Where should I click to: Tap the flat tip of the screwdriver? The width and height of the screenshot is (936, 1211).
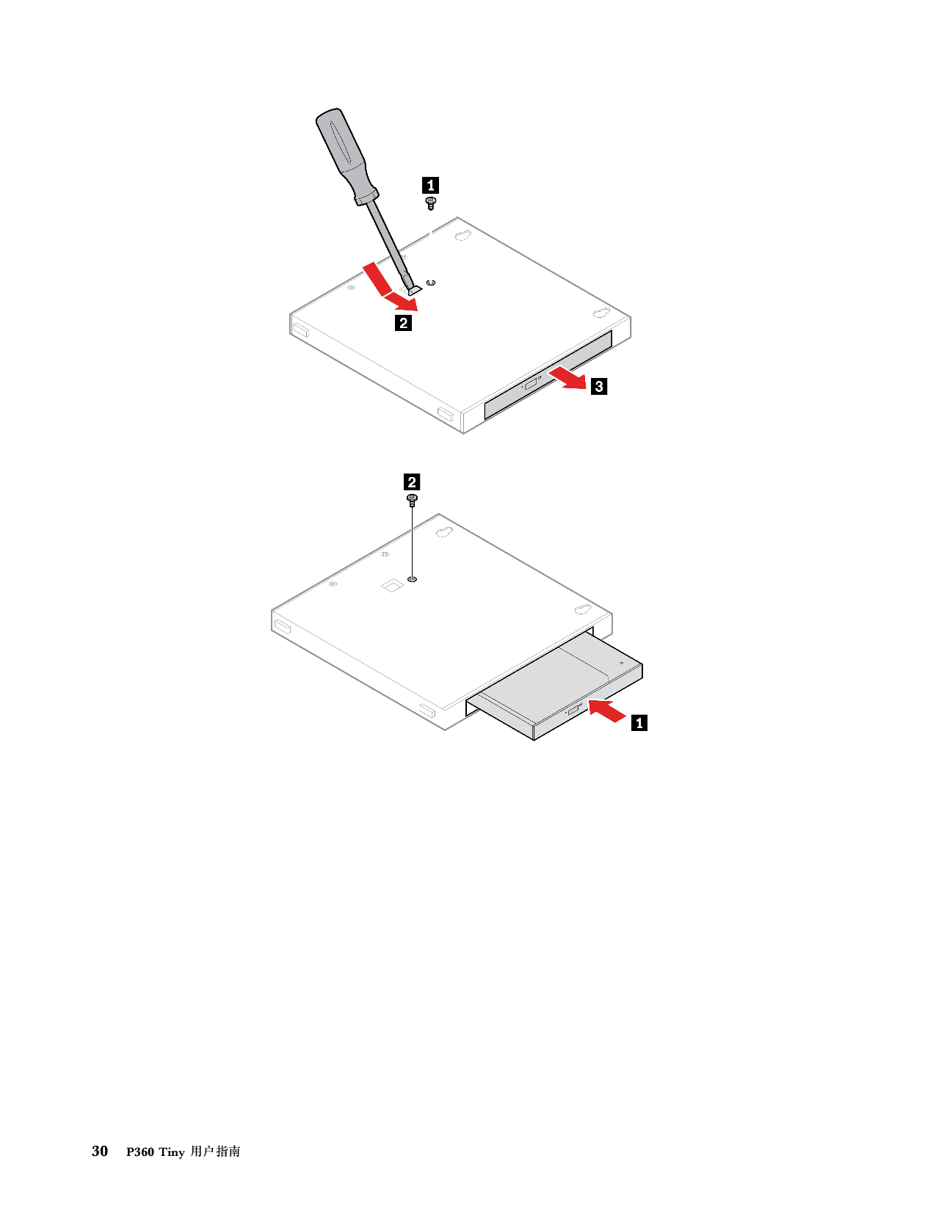[x=413, y=291]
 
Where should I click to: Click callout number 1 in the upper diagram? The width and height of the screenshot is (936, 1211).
[x=430, y=185]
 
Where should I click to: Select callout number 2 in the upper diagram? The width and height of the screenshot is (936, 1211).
[x=403, y=323]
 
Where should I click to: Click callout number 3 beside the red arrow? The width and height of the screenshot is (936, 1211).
[x=599, y=386]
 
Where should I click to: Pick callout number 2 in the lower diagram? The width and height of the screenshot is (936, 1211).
[x=412, y=481]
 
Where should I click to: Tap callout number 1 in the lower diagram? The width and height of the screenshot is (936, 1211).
[x=639, y=723]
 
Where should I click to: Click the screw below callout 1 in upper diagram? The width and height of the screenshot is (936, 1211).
[x=430, y=203]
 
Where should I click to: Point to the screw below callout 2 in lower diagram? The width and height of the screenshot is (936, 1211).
[x=412, y=500]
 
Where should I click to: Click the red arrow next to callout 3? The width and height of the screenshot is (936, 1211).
[x=567, y=378]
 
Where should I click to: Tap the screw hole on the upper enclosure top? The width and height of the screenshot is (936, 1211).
[x=430, y=283]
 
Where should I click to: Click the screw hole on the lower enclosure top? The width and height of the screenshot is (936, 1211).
[x=412, y=580]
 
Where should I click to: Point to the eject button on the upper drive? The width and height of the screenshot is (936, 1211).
[x=530, y=383]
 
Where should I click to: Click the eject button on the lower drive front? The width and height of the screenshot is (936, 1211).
[x=573, y=710]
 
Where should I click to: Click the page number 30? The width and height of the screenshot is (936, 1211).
[x=100, y=1151]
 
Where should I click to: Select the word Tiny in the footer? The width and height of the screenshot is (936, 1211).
[x=172, y=1152]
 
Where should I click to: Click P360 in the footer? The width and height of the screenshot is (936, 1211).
[x=140, y=1152]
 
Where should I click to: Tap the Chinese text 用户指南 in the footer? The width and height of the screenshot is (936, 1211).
[x=215, y=1152]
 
